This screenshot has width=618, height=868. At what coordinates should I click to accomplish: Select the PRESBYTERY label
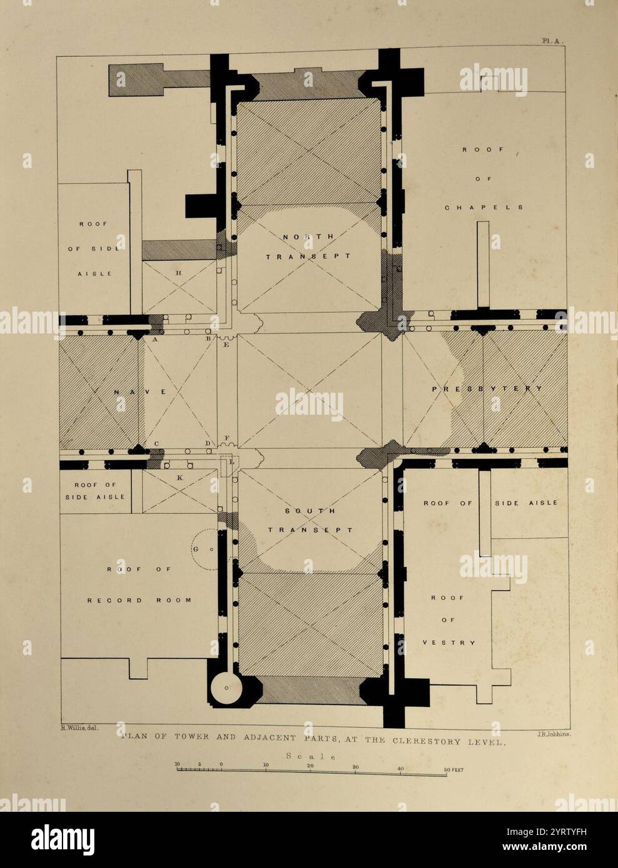pos(487,389)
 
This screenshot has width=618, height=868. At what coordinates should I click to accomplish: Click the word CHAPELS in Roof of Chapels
pos(484,207)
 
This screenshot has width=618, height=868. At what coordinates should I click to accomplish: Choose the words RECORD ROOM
pos(139,600)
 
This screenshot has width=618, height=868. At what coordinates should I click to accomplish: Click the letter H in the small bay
pos(179,273)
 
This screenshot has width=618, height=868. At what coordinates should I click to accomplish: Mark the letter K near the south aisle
pos(180,477)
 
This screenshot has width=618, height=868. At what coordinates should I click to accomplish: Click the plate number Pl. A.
pos(552,41)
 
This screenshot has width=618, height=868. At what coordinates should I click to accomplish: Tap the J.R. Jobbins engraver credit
pos(551,734)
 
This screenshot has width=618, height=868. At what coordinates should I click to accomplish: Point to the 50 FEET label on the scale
pos(454,770)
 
